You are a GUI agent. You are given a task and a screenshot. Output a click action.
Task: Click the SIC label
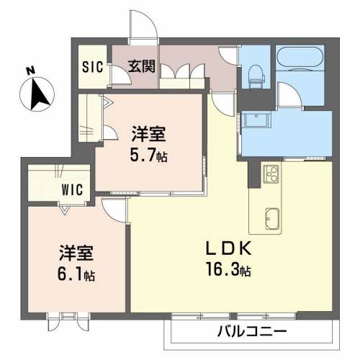pyautogui.click(x=93, y=67)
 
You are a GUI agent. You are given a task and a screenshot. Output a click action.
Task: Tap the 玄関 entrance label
pyautogui.click(x=142, y=66)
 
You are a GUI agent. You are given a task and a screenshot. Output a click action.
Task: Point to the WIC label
pyautogui.click(x=72, y=189)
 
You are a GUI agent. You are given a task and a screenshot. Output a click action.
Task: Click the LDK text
pyautogui.click(x=229, y=248)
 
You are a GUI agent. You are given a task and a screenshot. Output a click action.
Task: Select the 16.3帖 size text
pyautogui.click(x=229, y=271)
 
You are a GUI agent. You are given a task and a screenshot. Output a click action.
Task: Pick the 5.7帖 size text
pyautogui.click(x=148, y=156)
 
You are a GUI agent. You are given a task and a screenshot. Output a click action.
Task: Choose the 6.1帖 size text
pyautogui.click(x=76, y=274)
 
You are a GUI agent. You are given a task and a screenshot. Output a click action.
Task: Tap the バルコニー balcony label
pyautogui.click(x=252, y=331)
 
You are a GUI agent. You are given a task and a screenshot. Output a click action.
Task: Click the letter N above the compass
pyautogui.click(x=31, y=71)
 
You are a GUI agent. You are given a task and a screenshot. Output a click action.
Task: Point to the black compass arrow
pyautogui.click(x=38, y=94)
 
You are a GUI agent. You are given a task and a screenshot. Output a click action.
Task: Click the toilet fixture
pyautogui.click(x=256, y=76)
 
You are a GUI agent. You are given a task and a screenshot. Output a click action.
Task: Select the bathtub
pyautogui.click(x=300, y=58)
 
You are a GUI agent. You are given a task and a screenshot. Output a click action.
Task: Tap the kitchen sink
pyautogui.click(x=272, y=219)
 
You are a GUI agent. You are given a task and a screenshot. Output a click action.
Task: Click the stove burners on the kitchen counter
pyautogui.click(x=271, y=174)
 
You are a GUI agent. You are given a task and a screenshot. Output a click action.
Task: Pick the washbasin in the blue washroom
pyautogui.click(x=256, y=120)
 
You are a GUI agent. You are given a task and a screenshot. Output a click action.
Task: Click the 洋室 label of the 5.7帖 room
pyautogui.click(x=148, y=134)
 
